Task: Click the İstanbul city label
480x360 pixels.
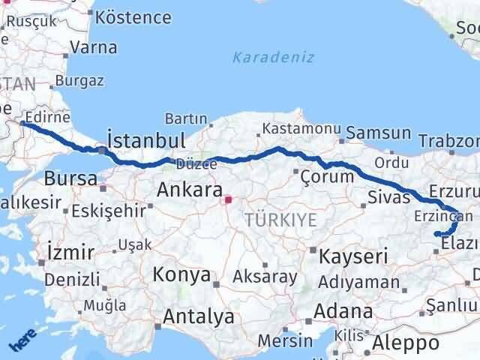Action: tap(146, 141)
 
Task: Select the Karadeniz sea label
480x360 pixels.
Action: tap(273, 58)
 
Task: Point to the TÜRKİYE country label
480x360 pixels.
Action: tap(280, 220)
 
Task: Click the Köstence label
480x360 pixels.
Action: tap(134, 16)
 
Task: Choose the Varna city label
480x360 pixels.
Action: tap(93, 47)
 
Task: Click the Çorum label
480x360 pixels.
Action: tap(326, 177)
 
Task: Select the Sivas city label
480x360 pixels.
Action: tap(389, 197)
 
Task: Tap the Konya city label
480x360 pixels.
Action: tap(181, 274)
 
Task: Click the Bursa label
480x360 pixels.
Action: tap(70, 178)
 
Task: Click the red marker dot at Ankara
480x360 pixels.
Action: tap(229, 199)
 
